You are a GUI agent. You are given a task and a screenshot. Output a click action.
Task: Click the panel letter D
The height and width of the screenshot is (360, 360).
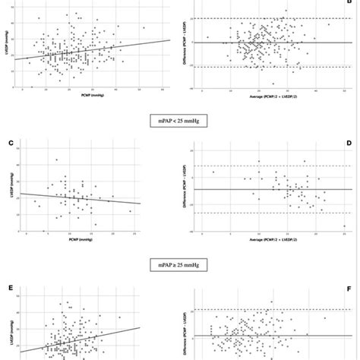(350, 142)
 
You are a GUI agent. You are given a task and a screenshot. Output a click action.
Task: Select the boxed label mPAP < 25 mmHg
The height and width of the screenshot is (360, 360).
(180, 119)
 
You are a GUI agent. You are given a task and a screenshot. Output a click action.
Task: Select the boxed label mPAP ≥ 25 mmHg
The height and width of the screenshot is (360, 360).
(180, 267)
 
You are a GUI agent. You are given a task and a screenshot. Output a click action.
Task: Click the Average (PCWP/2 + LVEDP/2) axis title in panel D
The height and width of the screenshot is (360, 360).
(270, 241)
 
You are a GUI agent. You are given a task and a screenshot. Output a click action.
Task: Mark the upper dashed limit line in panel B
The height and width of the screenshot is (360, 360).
(270, 18)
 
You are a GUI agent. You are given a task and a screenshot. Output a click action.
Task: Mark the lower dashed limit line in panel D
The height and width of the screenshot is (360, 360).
(270, 213)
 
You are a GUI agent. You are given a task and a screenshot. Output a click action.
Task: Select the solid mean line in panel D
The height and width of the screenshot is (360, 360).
(270, 188)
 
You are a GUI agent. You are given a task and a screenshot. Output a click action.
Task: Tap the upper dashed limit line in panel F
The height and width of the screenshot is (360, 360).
(270, 310)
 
